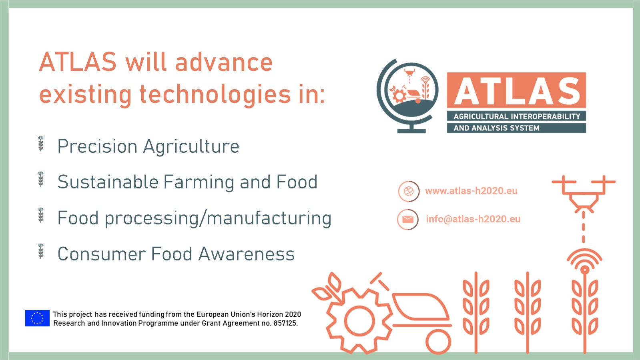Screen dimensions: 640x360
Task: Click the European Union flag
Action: tap(37, 318)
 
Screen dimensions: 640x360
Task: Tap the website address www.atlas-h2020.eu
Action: tap(471, 191)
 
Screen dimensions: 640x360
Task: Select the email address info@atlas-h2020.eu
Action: tap(473, 219)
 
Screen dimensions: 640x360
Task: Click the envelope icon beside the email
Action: tap(408, 219)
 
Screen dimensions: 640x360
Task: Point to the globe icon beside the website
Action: tap(409, 191)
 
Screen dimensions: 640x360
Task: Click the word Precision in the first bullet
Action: tap(97, 146)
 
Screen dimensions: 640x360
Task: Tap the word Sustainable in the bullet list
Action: tap(108, 182)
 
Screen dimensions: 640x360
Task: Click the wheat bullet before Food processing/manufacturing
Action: tap(41, 215)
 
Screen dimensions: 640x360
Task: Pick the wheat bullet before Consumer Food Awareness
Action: tap(41, 251)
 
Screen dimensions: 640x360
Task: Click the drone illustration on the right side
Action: tap(584, 194)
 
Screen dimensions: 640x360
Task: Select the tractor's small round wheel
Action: tap(438, 342)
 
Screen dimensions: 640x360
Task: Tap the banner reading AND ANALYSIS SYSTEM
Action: tap(516, 128)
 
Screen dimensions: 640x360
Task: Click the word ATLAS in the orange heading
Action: tap(78, 62)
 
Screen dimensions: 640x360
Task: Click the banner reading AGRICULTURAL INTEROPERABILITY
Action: tap(516, 116)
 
